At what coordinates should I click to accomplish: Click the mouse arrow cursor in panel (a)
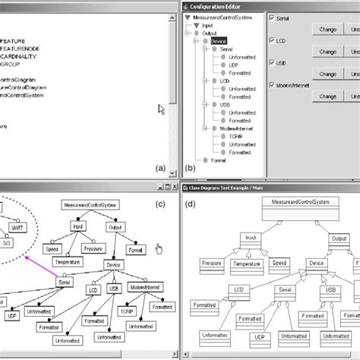162,109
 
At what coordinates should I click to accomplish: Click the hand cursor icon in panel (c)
159,249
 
